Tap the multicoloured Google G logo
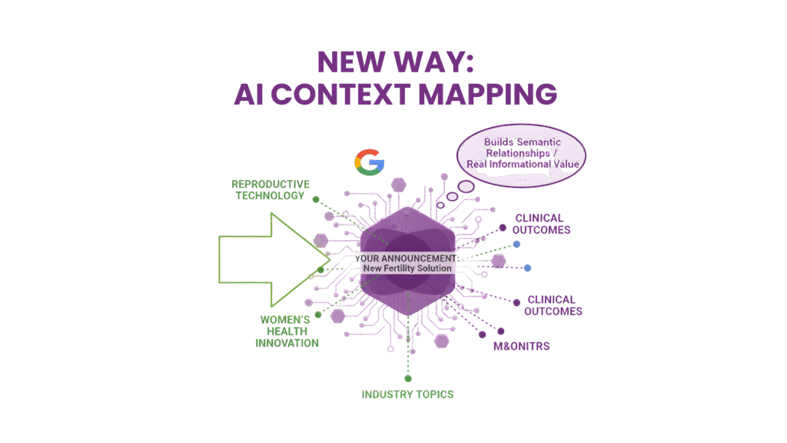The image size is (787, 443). click(369, 162)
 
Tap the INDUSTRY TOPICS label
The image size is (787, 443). click(408, 395)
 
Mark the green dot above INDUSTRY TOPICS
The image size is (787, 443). click(408, 378)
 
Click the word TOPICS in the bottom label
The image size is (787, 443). click(433, 395)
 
